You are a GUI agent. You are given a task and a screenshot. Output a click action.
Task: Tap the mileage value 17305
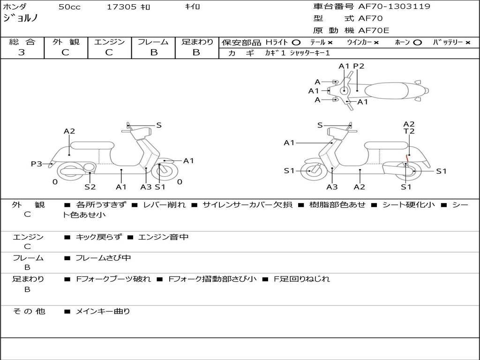click(121, 7)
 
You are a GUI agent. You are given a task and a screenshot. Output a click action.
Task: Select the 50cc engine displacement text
click(69, 7)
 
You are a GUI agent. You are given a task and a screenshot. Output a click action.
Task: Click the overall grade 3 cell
click(22, 52)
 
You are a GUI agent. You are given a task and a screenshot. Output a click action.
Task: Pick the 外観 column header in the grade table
click(66, 42)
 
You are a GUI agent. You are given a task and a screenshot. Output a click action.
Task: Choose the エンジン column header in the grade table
click(109, 42)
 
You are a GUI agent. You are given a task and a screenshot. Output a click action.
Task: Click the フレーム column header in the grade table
click(153, 42)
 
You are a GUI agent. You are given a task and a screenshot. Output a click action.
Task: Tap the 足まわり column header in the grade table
click(197, 42)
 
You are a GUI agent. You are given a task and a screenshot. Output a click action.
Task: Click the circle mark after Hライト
click(296, 43)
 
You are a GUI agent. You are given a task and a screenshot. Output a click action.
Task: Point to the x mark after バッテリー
click(467, 43)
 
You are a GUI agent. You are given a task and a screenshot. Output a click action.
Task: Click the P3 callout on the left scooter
click(37, 164)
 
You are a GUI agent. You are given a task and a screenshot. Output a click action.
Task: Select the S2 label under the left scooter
click(90, 187)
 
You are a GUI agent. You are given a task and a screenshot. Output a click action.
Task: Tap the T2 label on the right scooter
click(409, 132)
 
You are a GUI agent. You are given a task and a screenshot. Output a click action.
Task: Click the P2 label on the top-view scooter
click(359, 66)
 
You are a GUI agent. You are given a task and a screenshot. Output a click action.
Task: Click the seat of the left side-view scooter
click(92, 145)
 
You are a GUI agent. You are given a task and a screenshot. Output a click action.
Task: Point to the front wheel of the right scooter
click(311, 171)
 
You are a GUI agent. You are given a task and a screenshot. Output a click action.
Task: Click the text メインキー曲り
click(103, 311)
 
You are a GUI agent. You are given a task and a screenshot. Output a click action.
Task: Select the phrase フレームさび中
click(103, 258)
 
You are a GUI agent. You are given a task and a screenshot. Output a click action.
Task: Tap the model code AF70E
click(374, 30)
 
